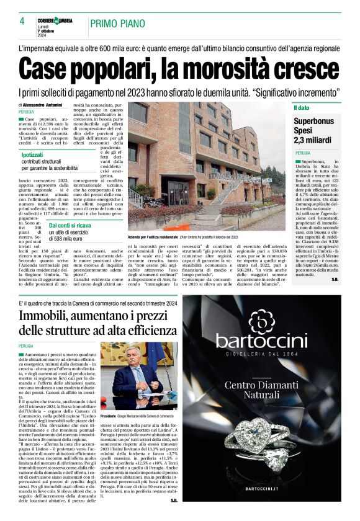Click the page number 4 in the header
point(22,21)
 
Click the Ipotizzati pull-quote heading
point(37,154)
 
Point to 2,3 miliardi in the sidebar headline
point(316,140)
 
